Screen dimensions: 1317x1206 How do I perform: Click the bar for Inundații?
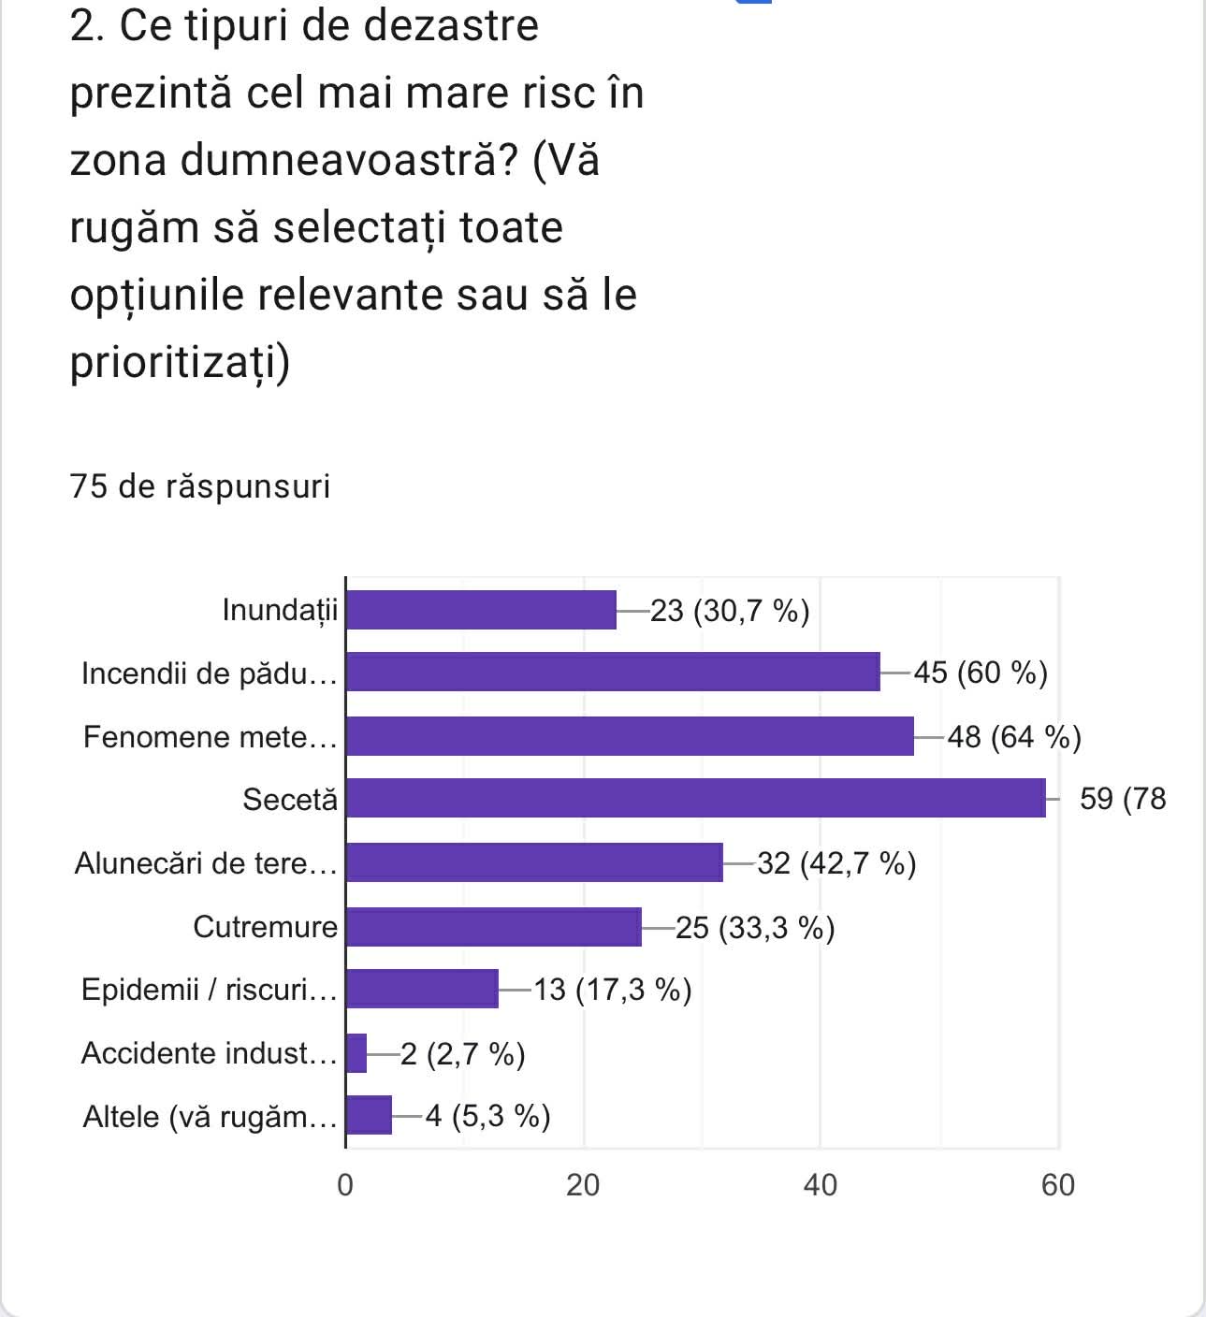(481, 610)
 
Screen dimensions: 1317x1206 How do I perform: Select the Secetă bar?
(695, 798)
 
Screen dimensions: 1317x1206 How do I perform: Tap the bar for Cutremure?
(493, 927)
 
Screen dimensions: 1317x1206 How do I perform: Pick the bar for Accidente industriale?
(356, 1053)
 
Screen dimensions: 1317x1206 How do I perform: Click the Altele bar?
(369, 1116)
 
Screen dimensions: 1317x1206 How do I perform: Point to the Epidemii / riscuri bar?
(422, 990)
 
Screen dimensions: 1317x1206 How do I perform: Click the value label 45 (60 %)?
(980, 673)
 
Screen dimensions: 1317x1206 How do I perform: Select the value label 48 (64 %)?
(1014, 737)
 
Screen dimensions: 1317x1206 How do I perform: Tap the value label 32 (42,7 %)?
(836, 862)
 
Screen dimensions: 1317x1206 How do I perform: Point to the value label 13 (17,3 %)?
(612, 990)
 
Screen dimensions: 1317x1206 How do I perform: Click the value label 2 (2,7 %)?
(462, 1054)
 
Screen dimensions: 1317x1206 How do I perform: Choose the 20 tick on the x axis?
(583, 1185)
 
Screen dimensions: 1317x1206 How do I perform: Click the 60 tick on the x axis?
(1058, 1185)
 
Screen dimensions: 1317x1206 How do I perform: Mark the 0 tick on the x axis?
(345, 1185)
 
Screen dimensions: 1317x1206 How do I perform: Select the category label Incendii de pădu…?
(209, 673)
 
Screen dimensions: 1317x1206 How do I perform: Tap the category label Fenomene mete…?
(210, 737)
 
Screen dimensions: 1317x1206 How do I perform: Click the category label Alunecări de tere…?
(206, 862)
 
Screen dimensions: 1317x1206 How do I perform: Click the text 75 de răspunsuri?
(200, 486)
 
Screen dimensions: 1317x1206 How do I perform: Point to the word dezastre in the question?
(451, 25)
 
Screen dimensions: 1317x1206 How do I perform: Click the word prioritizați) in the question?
(181, 362)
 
